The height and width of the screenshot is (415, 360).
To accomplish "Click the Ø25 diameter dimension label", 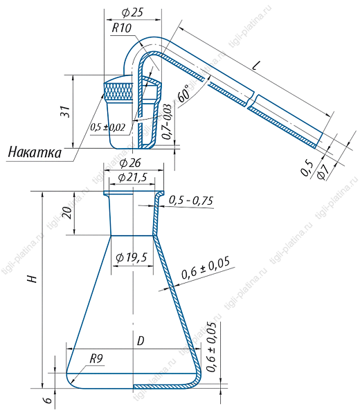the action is (x=133, y=12).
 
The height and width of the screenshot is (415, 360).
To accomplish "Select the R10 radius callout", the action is (x=122, y=28).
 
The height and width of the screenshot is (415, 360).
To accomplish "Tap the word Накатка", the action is (x=35, y=152).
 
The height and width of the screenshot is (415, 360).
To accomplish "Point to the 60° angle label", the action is (x=185, y=93).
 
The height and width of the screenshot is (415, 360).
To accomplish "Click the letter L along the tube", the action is (x=256, y=66).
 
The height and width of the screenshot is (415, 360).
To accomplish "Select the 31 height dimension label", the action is (x=65, y=111).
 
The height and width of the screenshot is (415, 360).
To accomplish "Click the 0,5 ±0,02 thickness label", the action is (x=107, y=127).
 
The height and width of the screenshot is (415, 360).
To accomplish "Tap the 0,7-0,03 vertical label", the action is (x=168, y=122).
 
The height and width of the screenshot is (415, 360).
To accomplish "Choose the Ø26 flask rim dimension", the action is (x=130, y=163).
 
